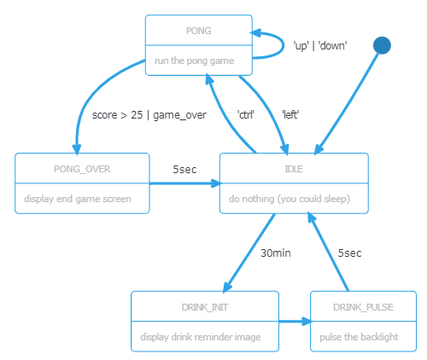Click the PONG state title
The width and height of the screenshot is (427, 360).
[x=199, y=31]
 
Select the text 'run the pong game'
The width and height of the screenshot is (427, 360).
[x=195, y=61]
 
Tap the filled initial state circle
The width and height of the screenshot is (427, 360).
[x=382, y=45]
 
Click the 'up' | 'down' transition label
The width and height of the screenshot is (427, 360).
[x=320, y=45]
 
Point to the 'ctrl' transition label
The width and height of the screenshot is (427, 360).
[x=246, y=114]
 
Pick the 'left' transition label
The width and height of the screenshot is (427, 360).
[x=290, y=114]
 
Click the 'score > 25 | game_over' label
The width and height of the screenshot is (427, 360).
[x=149, y=115]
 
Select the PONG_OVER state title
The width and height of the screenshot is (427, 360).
[x=82, y=169]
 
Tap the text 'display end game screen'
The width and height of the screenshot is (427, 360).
[x=78, y=199]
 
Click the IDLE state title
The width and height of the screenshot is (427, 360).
[x=294, y=169]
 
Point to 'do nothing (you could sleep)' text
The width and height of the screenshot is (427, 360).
[x=290, y=199]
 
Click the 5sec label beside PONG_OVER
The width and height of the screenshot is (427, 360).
[x=184, y=170]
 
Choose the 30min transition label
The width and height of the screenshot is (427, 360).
[x=276, y=253]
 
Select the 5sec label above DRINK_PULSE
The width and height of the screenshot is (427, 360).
[x=349, y=253]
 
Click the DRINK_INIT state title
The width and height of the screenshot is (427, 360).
[x=205, y=307]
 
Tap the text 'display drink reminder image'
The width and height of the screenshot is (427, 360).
[x=201, y=337]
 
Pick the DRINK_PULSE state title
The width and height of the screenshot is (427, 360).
[x=363, y=307]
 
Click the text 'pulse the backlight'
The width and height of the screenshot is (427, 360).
[x=359, y=337]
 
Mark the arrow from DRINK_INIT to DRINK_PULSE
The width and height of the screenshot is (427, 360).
[x=295, y=322]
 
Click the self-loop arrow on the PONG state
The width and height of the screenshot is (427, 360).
[x=283, y=45]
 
